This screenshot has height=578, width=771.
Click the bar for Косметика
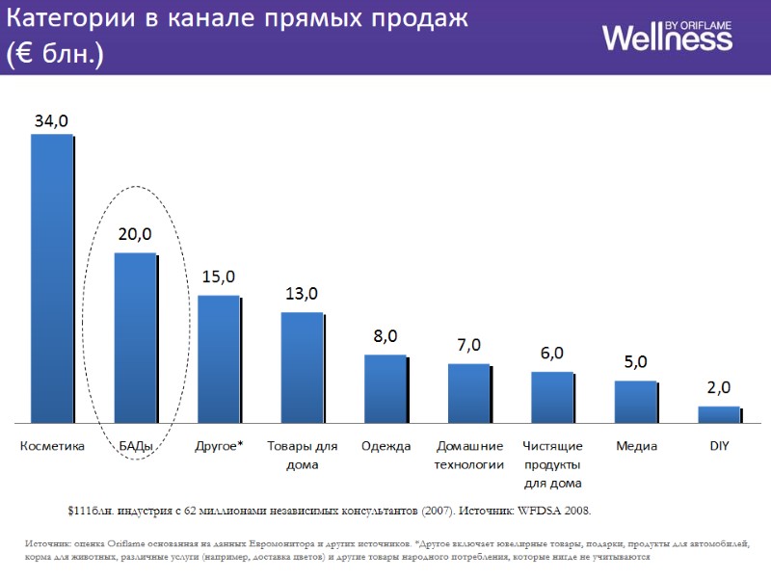[x=52, y=278]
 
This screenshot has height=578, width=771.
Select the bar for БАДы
[x=135, y=338]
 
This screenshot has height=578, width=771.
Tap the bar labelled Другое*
[x=219, y=359]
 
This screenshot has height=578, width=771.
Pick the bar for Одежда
[x=385, y=389]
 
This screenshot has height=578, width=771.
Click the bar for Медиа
[x=635, y=402]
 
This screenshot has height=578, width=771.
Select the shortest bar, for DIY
[x=719, y=414]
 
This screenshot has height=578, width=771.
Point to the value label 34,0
[x=51, y=121]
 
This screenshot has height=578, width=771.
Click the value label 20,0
[x=135, y=234]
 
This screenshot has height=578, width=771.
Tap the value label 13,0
[x=302, y=294]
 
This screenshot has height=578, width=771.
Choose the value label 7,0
[x=468, y=345]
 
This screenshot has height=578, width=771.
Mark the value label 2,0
[x=719, y=387]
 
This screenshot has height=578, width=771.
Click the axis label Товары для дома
[x=302, y=455]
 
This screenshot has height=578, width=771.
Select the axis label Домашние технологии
[x=469, y=455]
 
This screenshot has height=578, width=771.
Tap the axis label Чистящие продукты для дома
[x=552, y=464]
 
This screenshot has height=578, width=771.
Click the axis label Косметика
[x=52, y=446]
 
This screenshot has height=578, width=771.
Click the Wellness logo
[x=667, y=36]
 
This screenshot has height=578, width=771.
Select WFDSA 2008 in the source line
[x=552, y=510]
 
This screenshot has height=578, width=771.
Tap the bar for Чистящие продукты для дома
[x=552, y=397]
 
